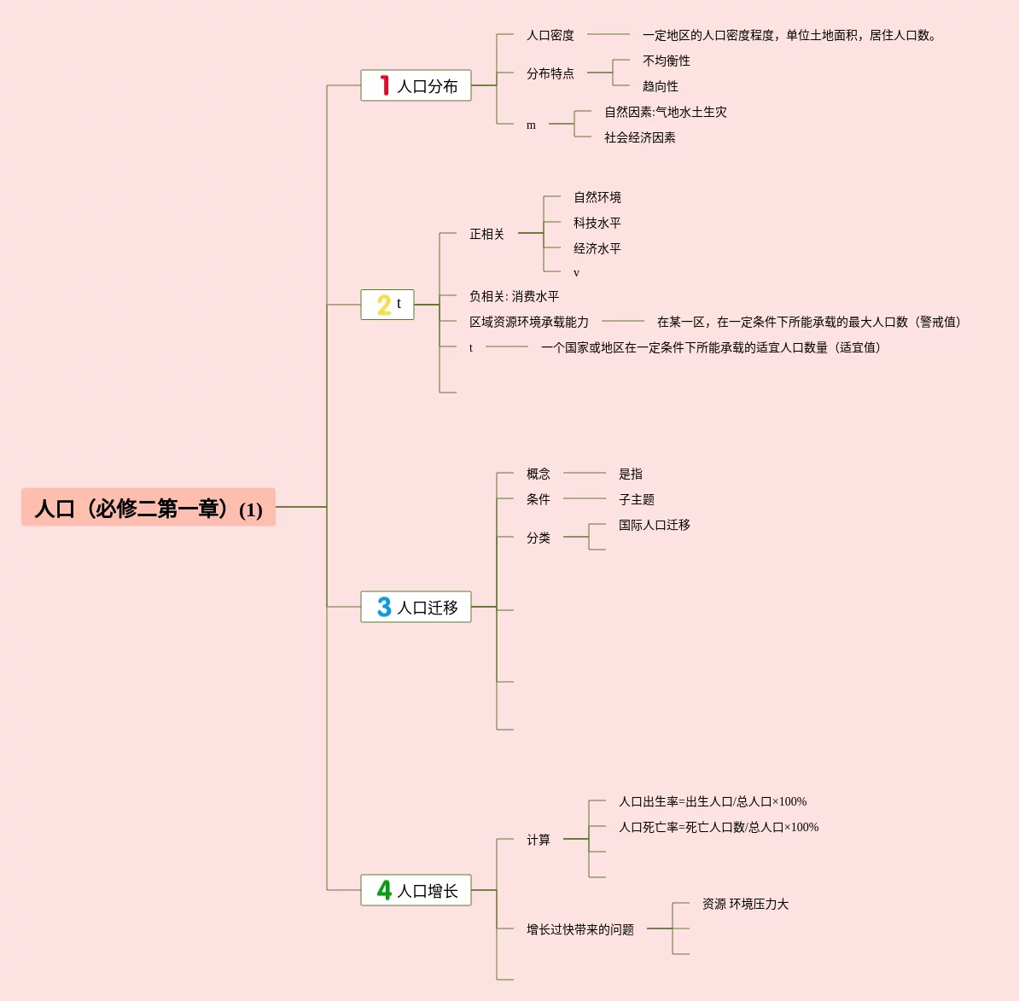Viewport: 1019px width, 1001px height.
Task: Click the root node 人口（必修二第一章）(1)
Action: click(148, 508)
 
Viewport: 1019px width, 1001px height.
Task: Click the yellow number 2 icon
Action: click(384, 305)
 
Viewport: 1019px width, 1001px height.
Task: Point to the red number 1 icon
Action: click(385, 85)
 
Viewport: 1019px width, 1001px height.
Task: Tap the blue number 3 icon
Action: click(384, 607)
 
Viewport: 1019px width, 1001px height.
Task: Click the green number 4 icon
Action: click(384, 890)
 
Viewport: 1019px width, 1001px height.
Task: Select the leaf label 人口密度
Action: click(550, 35)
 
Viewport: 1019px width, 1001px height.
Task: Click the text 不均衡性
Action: click(667, 61)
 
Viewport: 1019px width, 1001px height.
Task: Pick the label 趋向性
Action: click(661, 86)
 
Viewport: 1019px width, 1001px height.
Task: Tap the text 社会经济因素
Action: click(640, 137)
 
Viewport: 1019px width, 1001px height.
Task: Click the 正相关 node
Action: click(486, 234)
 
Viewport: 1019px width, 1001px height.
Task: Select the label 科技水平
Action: click(597, 223)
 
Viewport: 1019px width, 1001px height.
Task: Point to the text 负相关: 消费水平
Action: click(514, 296)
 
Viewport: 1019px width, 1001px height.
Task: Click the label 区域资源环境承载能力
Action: click(529, 322)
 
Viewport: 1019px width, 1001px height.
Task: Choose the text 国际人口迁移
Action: click(655, 525)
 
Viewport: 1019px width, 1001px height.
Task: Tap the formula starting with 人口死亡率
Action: click(719, 827)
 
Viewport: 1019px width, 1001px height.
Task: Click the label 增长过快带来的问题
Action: click(580, 929)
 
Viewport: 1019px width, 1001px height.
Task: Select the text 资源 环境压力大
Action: click(745, 904)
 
